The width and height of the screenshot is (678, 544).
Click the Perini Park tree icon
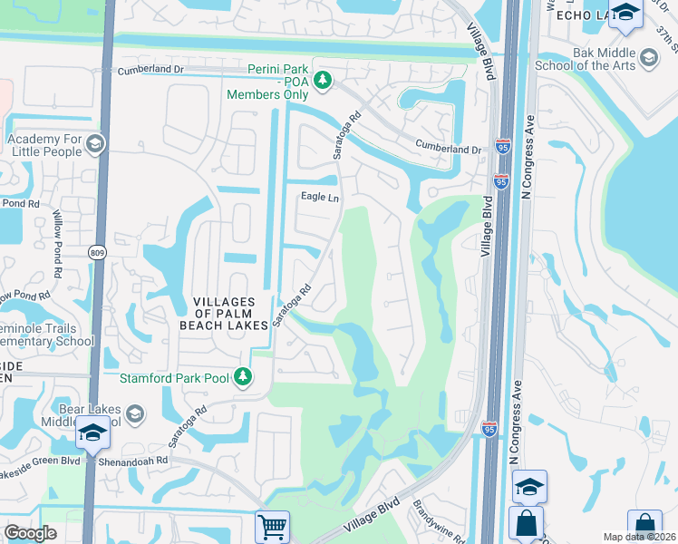[322, 83]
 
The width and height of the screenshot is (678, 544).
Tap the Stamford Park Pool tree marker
[242, 376]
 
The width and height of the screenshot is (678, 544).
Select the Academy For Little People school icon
[96, 143]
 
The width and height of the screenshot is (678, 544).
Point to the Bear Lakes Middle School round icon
[134, 414]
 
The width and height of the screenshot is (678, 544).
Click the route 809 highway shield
[97, 251]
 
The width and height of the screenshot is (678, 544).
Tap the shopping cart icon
[272, 525]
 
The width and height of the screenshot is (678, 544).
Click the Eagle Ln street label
[319, 197]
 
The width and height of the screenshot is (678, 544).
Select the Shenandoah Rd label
[136, 460]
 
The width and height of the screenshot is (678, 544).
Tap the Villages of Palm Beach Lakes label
[230, 313]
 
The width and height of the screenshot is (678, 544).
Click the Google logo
[30, 533]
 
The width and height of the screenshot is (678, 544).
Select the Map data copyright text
[639, 537]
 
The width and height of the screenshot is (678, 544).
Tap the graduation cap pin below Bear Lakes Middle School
[92, 435]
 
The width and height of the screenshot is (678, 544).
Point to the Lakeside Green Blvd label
[40, 460]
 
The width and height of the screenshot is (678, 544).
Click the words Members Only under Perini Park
[267, 94]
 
